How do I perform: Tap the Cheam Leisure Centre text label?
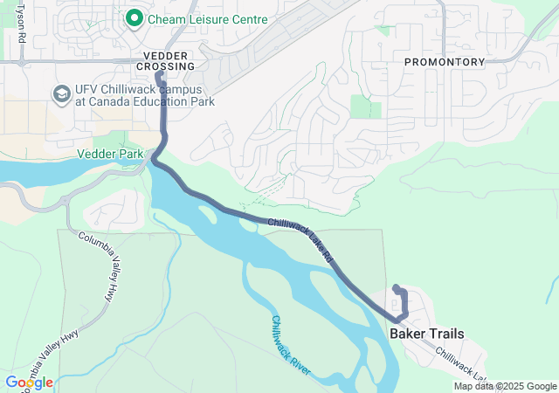(x=208, y=18)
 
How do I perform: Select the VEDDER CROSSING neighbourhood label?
(x=165, y=61)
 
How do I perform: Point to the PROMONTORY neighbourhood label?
(x=444, y=62)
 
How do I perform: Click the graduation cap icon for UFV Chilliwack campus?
(x=62, y=93)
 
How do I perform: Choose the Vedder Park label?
(x=110, y=153)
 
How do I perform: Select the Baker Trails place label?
(x=427, y=334)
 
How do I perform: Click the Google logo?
(x=29, y=383)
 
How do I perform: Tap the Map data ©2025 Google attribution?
(x=505, y=386)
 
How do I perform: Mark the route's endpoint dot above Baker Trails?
(x=397, y=288)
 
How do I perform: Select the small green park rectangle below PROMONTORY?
(x=365, y=107)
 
